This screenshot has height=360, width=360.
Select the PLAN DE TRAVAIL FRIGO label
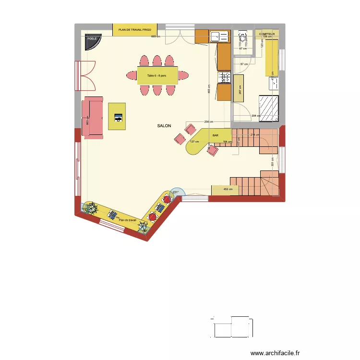click(x=134, y=30)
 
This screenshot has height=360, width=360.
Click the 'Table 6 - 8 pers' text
click(x=156, y=75)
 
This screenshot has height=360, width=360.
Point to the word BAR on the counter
click(x=215, y=136)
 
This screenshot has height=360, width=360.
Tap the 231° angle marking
click(x=176, y=192)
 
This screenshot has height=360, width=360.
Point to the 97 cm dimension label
click(x=244, y=64)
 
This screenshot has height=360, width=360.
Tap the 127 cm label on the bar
click(x=194, y=142)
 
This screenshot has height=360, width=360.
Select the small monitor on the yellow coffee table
click(x=118, y=116)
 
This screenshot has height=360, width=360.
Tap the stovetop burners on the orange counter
click(x=224, y=77)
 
